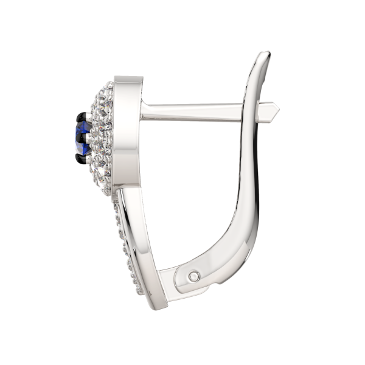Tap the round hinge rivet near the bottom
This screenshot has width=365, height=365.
tap(193, 275)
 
